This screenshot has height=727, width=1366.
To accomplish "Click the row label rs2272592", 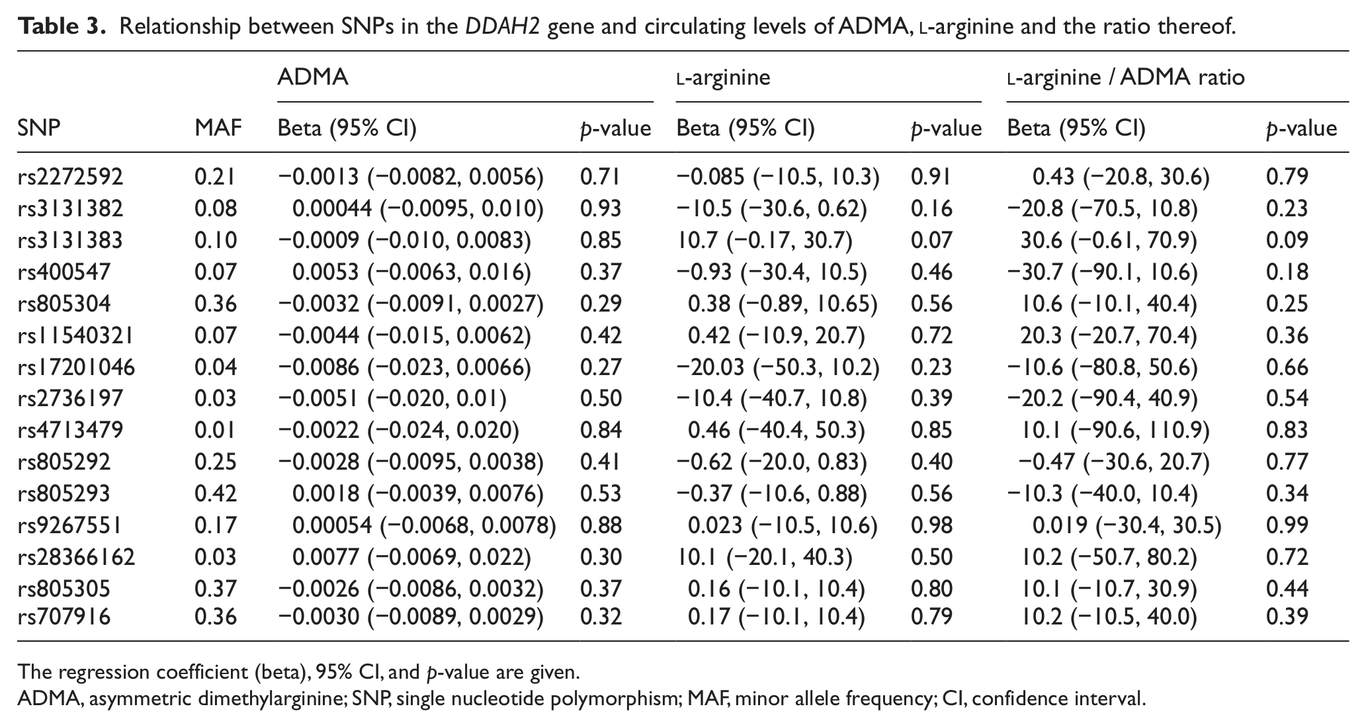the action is [70, 177].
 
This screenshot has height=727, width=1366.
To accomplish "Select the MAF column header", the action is [218, 128].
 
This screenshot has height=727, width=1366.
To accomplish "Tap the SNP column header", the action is [39, 128].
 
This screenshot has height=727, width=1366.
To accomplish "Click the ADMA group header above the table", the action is [312, 77].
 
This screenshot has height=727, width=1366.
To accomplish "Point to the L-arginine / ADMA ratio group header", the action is [1126, 77].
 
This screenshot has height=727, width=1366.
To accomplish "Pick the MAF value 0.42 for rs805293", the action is [216, 493].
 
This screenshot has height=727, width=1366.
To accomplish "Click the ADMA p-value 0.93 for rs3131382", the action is [601, 208].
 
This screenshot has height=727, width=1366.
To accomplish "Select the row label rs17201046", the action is [76, 367].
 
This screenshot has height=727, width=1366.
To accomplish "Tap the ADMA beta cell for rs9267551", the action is [424, 525].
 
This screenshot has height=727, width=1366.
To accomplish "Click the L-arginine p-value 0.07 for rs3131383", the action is [931, 240].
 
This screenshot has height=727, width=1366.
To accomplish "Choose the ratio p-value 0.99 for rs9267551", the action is [1287, 525].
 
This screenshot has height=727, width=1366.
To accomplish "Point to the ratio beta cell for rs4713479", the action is [1115, 430].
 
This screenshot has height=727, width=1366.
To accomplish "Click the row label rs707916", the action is [64, 617].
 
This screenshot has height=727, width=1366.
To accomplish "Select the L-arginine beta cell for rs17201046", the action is [778, 367].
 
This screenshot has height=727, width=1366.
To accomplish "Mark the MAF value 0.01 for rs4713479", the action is [216, 430].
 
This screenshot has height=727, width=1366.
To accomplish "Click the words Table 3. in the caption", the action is [62, 26].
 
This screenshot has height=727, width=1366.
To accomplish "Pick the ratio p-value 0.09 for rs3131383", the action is [1287, 240].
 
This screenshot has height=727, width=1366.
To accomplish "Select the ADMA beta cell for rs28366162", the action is [411, 557].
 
